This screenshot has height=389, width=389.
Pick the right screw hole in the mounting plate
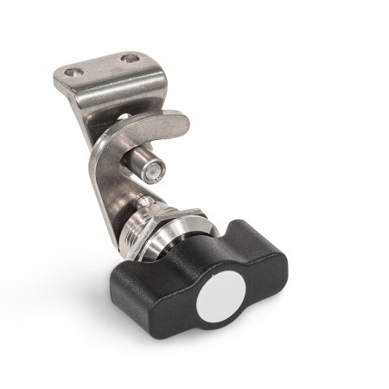coord(130,59)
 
